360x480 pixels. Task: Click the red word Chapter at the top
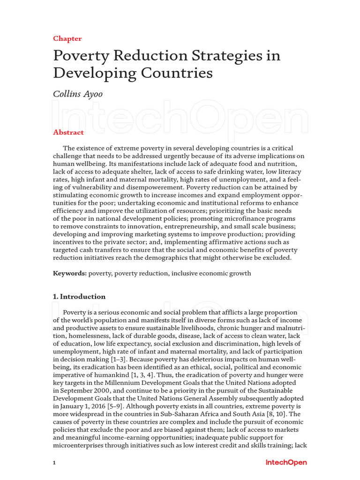(67, 38)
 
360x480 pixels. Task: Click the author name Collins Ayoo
(77, 94)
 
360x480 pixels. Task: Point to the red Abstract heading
(68, 132)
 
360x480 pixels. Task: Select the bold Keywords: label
(70, 273)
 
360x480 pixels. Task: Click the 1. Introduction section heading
(79, 297)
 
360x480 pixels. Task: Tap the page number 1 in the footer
(54, 463)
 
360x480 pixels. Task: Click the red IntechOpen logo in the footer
(286, 462)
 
